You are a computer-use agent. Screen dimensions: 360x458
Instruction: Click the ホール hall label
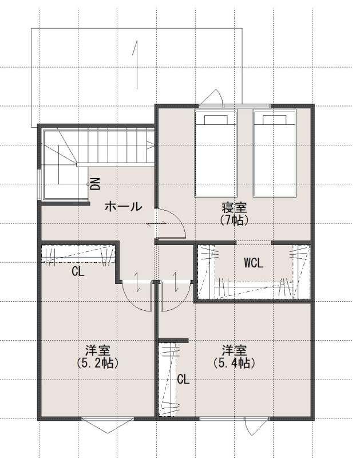click(x=123, y=207)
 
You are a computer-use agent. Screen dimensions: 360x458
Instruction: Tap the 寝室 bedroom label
click(x=234, y=208)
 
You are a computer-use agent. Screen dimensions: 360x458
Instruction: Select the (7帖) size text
click(x=234, y=220)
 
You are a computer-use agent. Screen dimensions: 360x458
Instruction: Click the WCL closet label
click(x=254, y=263)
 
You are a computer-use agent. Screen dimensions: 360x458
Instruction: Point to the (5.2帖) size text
click(x=97, y=363)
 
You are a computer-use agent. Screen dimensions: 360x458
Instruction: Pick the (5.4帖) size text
click(x=234, y=363)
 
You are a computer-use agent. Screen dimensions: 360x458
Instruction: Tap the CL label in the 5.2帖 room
click(x=78, y=271)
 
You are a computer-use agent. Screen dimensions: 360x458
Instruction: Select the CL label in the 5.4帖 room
click(x=183, y=380)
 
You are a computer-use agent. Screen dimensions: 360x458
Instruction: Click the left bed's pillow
click(x=216, y=120)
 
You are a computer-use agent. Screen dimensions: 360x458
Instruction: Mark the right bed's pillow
click(x=275, y=120)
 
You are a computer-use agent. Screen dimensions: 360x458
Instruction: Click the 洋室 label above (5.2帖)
click(x=97, y=350)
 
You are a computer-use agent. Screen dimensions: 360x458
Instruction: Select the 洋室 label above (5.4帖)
click(x=234, y=350)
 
